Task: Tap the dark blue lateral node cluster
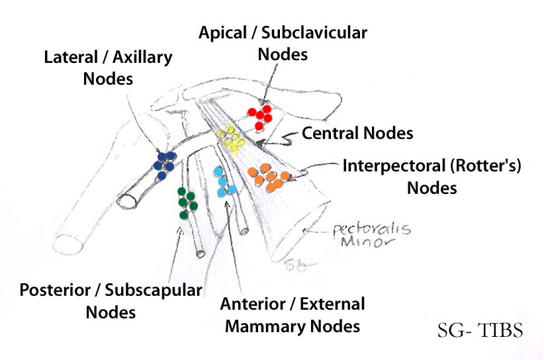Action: (x=164, y=163)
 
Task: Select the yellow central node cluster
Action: (x=232, y=138)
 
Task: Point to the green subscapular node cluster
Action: (x=187, y=202)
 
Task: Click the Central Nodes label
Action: (x=357, y=133)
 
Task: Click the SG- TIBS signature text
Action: (x=480, y=330)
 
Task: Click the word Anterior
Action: (x=251, y=304)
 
